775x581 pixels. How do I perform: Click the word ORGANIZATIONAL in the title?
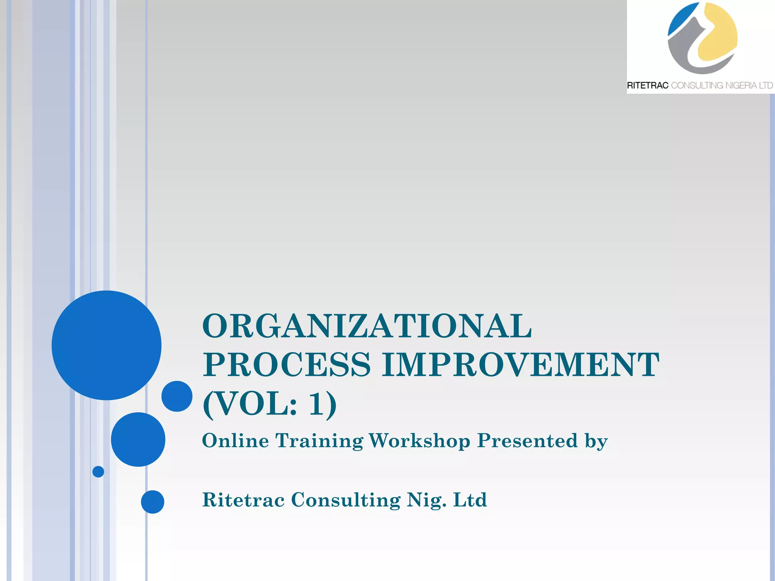coord(367,326)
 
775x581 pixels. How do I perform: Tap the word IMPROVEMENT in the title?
coord(520,365)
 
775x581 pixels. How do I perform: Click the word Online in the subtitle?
coord(235,441)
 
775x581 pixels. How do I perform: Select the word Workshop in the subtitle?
coord(419,441)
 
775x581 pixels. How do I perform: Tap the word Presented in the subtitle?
coord(527,441)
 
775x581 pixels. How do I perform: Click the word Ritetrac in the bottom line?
coord(243,500)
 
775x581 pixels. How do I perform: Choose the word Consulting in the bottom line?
coord(345,500)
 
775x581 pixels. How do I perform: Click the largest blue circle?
coord(107,345)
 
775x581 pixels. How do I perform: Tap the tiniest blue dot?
coord(98,472)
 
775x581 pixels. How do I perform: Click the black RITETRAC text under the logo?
coord(647,85)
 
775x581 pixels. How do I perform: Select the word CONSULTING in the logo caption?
coord(697,85)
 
